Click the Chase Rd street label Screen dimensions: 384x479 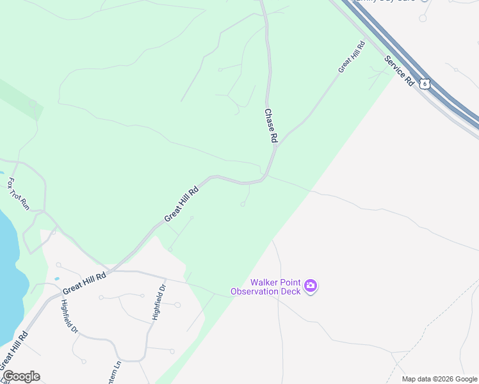click(272, 125)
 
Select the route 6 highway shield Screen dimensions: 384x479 click(425, 83)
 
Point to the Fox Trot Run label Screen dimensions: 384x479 click(19, 194)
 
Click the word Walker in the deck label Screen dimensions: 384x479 click(263, 282)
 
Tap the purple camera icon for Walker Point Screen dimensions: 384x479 click(311, 286)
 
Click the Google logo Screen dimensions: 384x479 click(21, 376)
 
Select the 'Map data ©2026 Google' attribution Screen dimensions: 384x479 click(439, 379)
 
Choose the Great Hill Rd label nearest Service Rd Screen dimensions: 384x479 click(352, 57)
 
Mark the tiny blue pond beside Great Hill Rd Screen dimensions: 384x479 click(57, 278)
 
